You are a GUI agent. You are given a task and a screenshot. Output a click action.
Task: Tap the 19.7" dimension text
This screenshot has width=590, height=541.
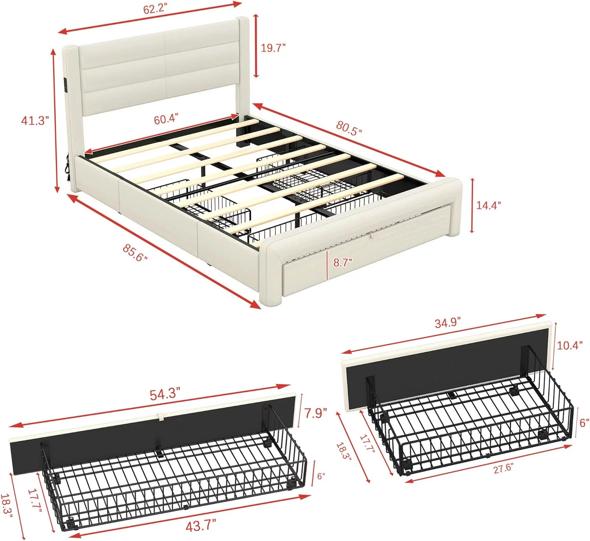[273, 48]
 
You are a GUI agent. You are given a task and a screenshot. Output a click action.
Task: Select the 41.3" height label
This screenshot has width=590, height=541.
[35, 121]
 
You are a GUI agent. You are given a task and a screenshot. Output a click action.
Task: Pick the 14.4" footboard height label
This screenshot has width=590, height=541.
[489, 205]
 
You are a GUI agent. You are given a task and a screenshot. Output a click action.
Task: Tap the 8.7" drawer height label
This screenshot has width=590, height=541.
[343, 263]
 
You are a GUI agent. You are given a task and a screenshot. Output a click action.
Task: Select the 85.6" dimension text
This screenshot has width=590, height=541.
[135, 253]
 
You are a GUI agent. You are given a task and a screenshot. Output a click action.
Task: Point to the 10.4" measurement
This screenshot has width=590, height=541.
[570, 345]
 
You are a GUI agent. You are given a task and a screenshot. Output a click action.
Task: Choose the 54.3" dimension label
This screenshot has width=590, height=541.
[165, 394]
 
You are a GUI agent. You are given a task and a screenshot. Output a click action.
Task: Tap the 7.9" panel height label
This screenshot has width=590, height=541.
[315, 413]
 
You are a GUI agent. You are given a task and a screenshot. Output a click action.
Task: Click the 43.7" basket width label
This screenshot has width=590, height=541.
[201, 525]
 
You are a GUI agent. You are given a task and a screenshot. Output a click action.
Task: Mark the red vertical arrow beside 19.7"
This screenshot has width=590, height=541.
[256, 46]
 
